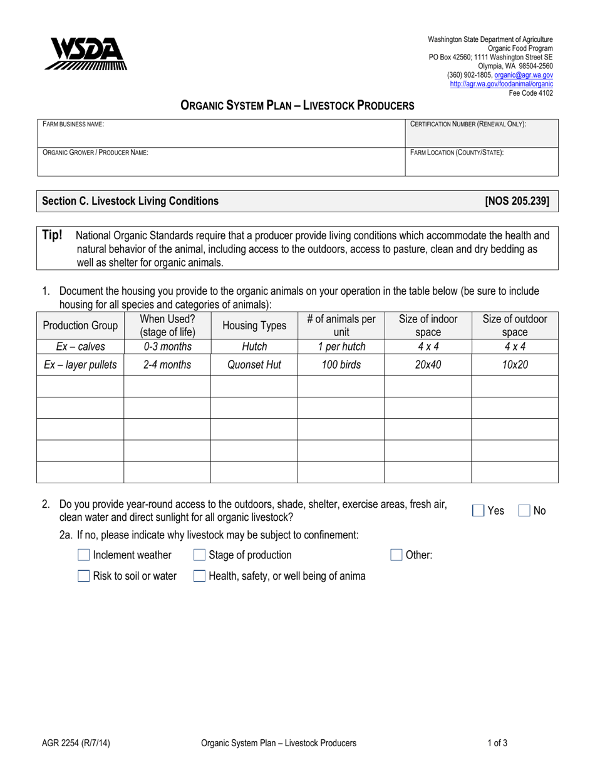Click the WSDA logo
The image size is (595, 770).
pyautogui.click(x=85, y=54)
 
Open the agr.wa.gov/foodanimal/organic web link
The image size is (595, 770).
pyautogui.click(x=501, y=83)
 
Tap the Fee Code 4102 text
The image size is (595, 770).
pyautogui.click(x=530, y=92)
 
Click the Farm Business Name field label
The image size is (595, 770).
pyautogui.click(x=73, y=125)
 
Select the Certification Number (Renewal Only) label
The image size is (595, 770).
pyautogui.click(x=467, y=125)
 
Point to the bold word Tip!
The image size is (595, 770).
pyautogui.click(x=52, y=235)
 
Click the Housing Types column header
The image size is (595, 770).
pyautogui.click(x=254, y=326)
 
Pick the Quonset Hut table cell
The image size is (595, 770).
pyautogui.click(x=254, y=364)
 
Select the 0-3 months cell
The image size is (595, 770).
pyautogui.click(x=167, y=346)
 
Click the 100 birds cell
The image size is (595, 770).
pyautogui.click(x=341, y=364)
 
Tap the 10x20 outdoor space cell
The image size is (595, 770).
pyautogui.click(x=515, y=364)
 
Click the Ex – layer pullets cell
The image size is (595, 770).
pyautogui.click(x=80, y=364)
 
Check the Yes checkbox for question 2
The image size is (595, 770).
pyautogui.click(x=479, y=511)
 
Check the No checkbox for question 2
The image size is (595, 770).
pyautogui.click(x=525, y=511)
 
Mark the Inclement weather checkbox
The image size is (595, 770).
pyautogui.click(x=84, y=555)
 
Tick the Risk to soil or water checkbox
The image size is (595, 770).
pyautogui.click(x=84, y=576)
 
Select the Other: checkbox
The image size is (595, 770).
pyautogui.click(x=396, y=555)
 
